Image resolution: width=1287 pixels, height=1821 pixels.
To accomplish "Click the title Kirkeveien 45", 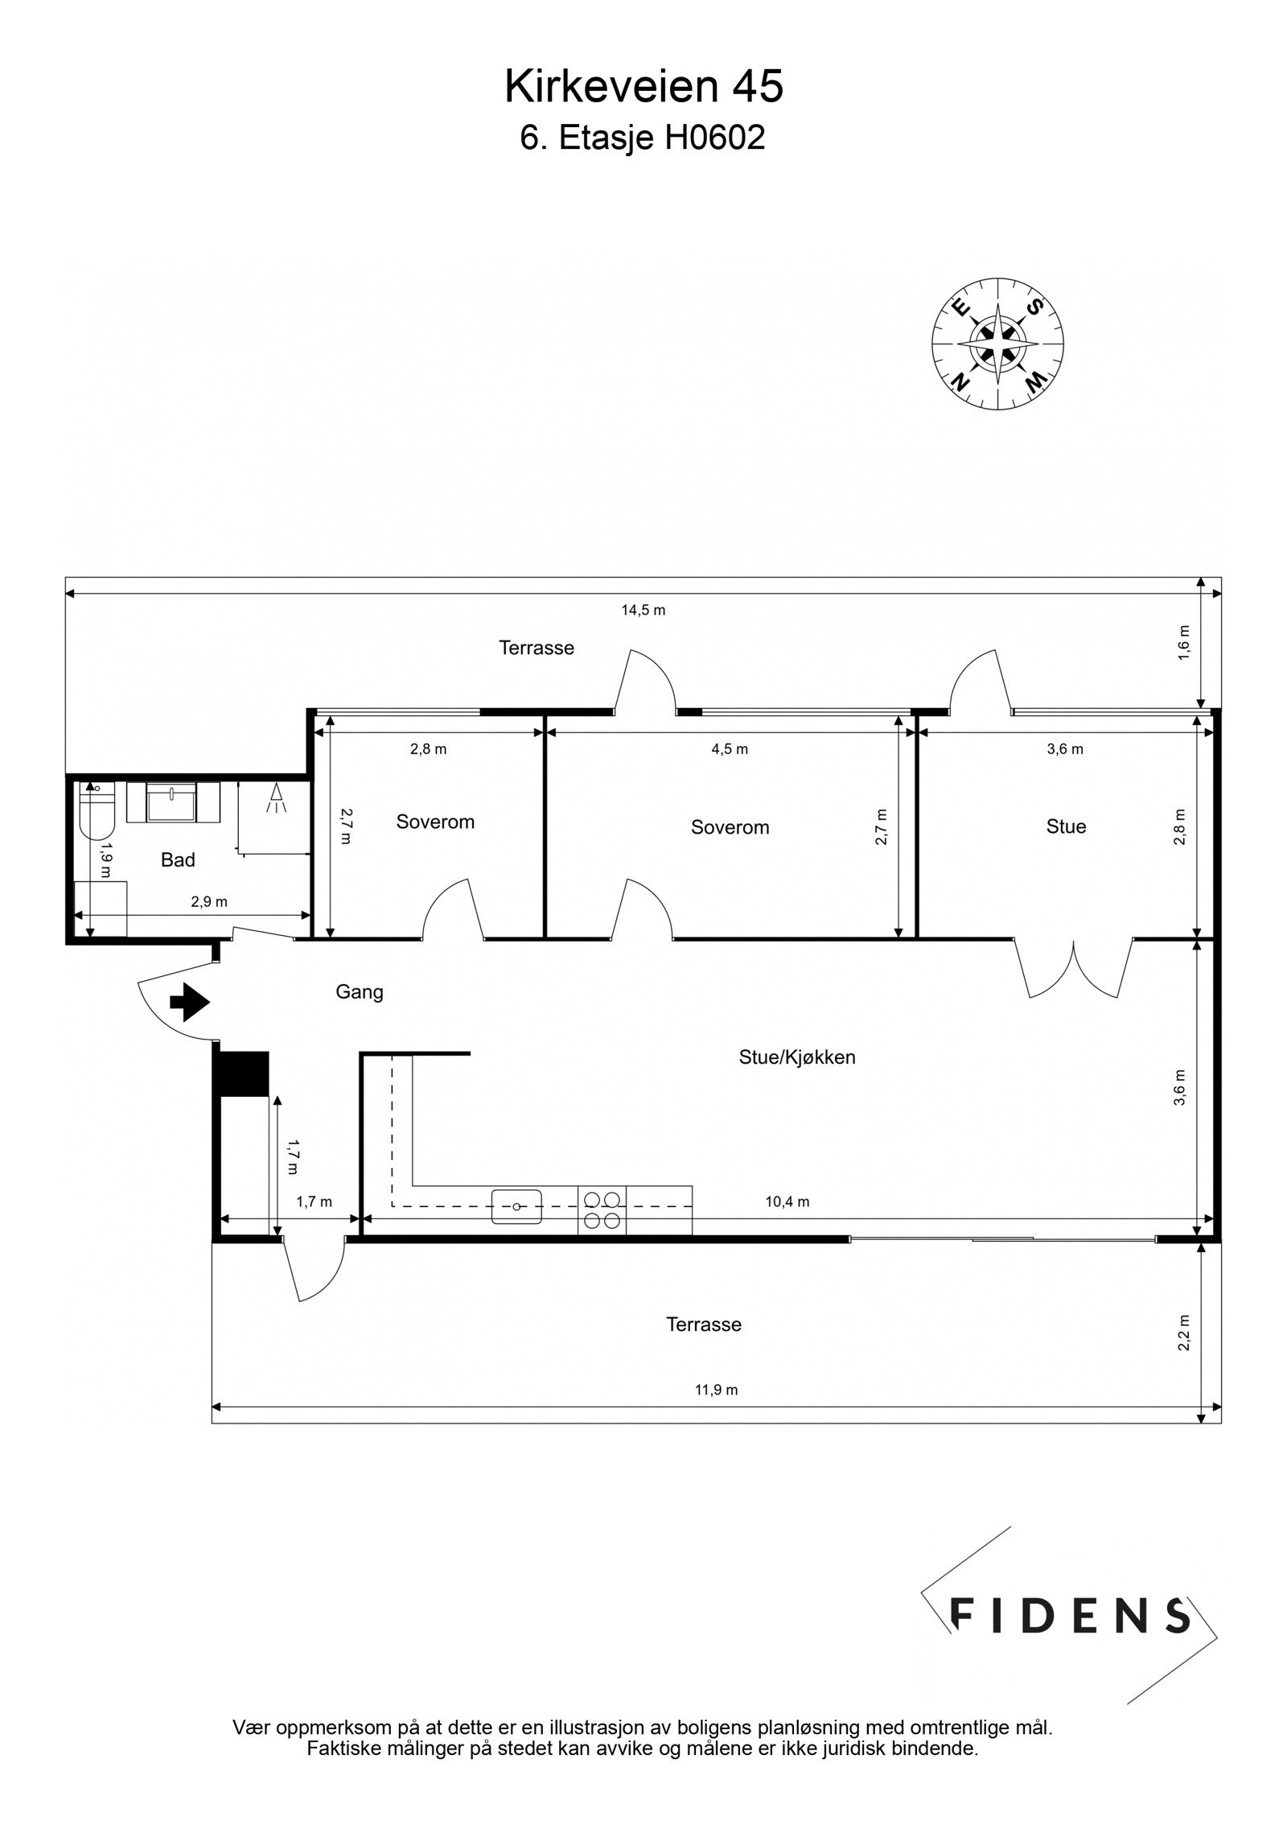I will point(643,87).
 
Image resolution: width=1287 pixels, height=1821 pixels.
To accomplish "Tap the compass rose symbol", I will point(997,344).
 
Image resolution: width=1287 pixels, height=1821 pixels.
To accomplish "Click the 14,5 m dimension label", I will point(643,610).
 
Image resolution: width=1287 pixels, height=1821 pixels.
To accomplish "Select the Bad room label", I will point(178,860).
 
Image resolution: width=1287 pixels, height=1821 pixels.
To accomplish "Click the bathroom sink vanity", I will point(173,803).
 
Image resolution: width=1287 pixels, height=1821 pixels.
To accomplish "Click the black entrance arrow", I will point(190,1003).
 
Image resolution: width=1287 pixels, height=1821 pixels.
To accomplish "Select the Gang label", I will point(360,992).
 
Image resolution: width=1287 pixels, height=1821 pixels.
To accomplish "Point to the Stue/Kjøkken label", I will point(796,1057).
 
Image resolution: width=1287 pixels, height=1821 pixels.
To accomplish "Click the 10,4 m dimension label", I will point(787,1202).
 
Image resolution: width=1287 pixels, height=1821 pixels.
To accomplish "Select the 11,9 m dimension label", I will point(716,1390).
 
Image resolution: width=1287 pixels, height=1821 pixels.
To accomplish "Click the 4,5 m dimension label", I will point(730,749).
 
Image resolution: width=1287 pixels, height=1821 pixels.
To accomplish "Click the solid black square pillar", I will point(245,1073).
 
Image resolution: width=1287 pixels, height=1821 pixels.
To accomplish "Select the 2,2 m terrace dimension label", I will point(1183,1333).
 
